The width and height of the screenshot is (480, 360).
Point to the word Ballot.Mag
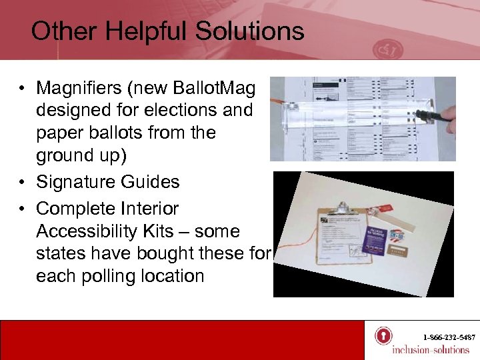point(217,87)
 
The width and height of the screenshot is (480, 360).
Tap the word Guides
point(155,182)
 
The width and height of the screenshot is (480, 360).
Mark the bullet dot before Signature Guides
point(22,182)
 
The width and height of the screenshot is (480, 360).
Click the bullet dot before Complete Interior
point(22,209)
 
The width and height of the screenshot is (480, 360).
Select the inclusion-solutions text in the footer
point(430,350)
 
